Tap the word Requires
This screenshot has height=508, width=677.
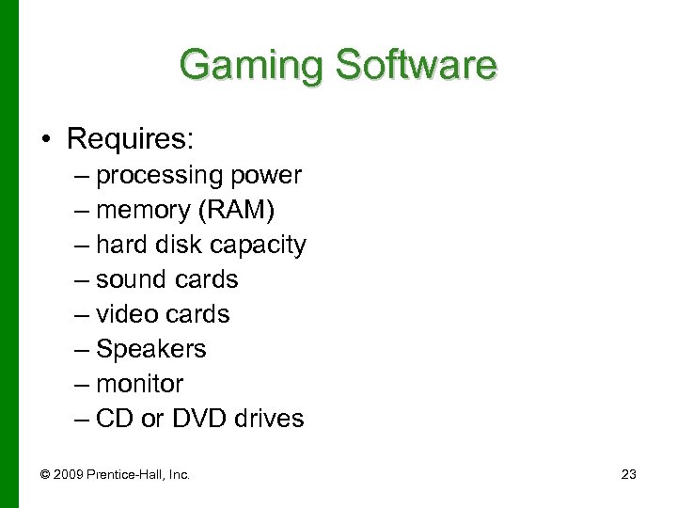point(130,140)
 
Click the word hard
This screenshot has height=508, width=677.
point(119,245)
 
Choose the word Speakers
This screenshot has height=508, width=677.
point(151,349)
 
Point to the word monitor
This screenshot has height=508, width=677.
point(140,384)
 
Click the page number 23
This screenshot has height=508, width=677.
point(629,475)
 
